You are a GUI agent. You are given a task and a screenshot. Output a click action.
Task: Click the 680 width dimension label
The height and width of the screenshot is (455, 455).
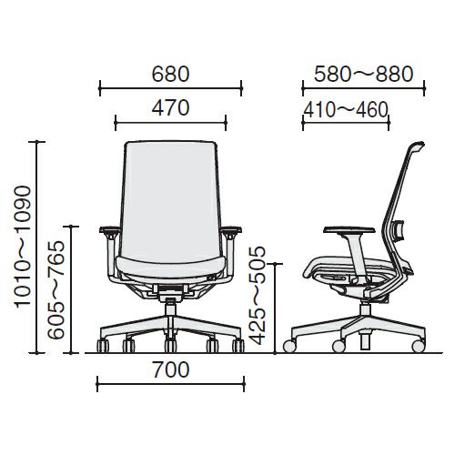170,74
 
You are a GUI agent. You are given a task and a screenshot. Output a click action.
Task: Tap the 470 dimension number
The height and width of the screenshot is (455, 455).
170,107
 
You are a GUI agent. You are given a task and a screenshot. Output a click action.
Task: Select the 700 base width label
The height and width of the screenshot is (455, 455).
171,369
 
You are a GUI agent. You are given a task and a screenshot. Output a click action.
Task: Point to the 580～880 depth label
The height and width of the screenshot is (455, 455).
363,74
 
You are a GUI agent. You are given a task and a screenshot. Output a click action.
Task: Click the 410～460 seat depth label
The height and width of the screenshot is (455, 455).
346,109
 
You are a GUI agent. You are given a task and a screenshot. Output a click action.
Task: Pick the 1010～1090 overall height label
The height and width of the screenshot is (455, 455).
23,247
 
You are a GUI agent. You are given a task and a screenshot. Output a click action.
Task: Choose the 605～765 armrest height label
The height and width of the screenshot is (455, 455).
56,289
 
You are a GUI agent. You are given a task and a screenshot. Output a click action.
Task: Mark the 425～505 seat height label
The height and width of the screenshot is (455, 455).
257,296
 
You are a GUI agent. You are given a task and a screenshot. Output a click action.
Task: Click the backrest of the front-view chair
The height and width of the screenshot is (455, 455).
171,198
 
